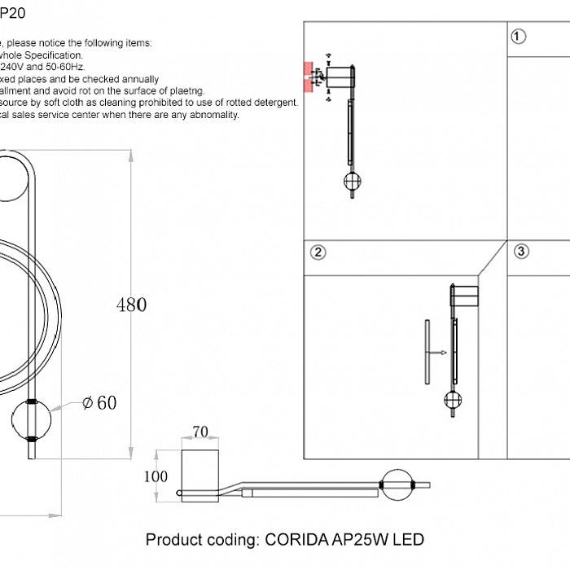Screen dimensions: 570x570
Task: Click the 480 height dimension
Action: pos(131,305)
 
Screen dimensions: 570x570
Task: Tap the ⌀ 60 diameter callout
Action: pos(99,402)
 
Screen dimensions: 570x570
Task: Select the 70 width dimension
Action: pos(199,432)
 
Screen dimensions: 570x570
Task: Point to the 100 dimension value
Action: pos(156,476)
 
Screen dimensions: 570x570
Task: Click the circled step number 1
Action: pos(519,36)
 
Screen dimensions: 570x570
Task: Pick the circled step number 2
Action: pos(318,252)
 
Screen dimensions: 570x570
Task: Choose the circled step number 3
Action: pos(522,252)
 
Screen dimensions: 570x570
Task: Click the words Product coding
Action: pos(200,540)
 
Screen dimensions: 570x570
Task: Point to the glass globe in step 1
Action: pos(353,182)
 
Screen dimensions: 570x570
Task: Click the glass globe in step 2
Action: pos(452,399)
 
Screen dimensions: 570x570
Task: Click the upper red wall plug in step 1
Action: pos(309,67)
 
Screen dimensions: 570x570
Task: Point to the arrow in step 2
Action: pos(439,353)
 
